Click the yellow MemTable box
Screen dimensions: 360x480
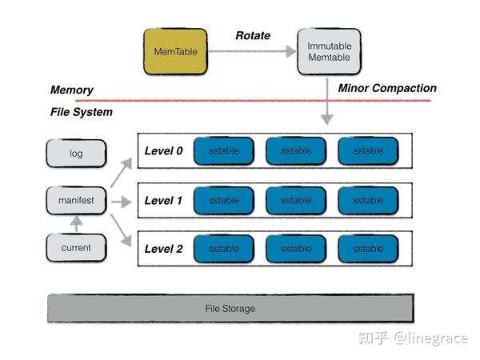pyautogui.click(x=175, y=52)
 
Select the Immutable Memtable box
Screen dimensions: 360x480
pyautogui.click(x=330, y=52)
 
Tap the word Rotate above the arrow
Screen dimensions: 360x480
pyautogui.click(x=252, y=36)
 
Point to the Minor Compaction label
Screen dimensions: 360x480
pyautogui.click(x=387, y=88)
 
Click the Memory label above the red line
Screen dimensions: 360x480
pyautogui.click(x=71, y=90)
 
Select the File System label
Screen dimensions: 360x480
pyautogui.click(x=81, y=112)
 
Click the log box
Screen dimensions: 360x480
pyautogui.click(x=76, y=153)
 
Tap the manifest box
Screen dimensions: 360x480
pyautogui.click(x=76, y=200)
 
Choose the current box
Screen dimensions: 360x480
pyautogui.click(x=76, y=248)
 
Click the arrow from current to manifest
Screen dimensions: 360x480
pyautogui.click(x=76, y=225)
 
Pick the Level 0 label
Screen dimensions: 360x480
pyautogui.click(x=164, y=150)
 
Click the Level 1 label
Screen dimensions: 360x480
pyautogui.click(x=164, y=200)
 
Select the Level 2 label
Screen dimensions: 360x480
pyautogui.click(x=164, y=249)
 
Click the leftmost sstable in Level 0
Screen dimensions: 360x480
pyautogui.click(x=223, y=151)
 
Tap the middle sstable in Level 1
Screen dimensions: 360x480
pyautogui.click(x=296, y=200)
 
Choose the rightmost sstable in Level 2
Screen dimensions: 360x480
pyautogui.click(x=368, y=249)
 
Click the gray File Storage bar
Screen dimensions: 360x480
pyautogui.click(x=230, y=308)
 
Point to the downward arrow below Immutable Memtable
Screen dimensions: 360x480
pyautogui.click(x=326, y=100)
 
